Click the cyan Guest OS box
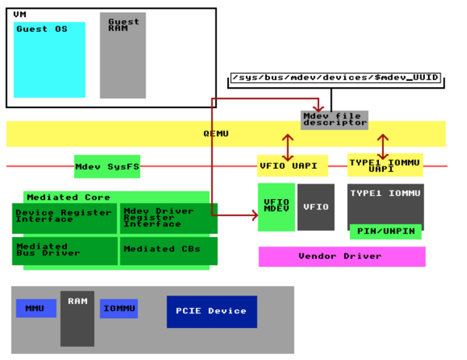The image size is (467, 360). pos(50,60)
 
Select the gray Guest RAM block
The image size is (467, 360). pos(122,55)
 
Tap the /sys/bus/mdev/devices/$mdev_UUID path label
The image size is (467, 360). pos(335,79)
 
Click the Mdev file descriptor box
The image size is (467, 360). pos(334,120)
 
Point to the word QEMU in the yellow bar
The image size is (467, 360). pos(216,134)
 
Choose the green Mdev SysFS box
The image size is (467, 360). pos(107,166)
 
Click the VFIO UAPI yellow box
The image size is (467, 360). pos(292,166)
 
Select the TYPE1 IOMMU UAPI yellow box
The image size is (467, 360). pos(384,165)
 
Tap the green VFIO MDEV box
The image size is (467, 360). pos(276,207)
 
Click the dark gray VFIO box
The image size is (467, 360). pos(315,207)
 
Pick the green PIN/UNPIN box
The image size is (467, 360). pos(385,231)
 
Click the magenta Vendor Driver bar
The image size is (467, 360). pos(342,256)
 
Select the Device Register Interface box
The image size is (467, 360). pos(64,218)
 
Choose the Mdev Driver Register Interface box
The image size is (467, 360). pos(168,218)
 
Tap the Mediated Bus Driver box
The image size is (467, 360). pos(64,250)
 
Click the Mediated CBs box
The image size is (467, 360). pos(168,250)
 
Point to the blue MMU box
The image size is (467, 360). pos(36,309)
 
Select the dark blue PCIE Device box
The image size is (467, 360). pos(211,311)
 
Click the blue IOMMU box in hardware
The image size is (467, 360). pos(119,309)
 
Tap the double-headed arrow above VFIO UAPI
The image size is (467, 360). pos(288,146)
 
